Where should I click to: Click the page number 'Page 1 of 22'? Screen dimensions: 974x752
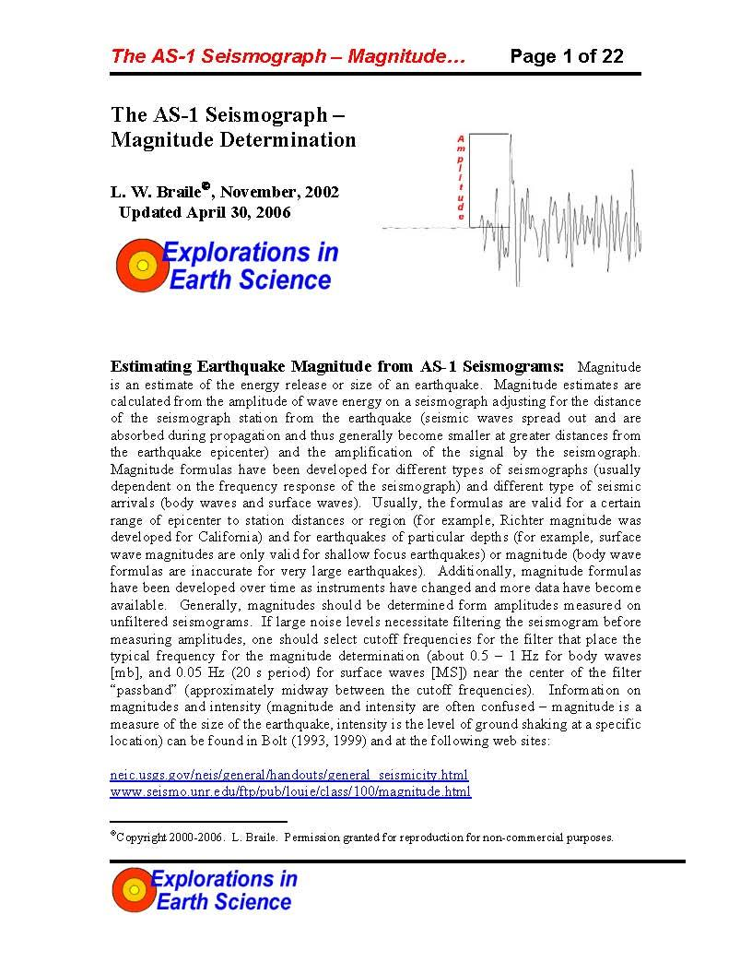tap(567, 56)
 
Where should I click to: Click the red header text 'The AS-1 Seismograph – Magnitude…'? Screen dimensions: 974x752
tap(287, 56)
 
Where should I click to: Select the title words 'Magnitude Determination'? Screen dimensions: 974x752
tap(233, 140)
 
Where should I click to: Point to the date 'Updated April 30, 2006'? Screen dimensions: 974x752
tap(205, 212)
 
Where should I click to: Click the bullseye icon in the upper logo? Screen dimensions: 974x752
tap(141, 266)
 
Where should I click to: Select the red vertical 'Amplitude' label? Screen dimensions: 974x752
tap(461, 177)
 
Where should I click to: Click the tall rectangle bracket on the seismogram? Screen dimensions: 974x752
tap(489, 180)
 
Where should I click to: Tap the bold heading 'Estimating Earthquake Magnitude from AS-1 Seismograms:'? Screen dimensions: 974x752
tap(337, 366)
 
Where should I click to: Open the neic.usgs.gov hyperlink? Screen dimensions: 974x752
tap(289, 775)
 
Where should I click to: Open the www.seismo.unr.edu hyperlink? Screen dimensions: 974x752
tap(290, 791)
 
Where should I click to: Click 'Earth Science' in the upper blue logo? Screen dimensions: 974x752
tap(250, 279)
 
